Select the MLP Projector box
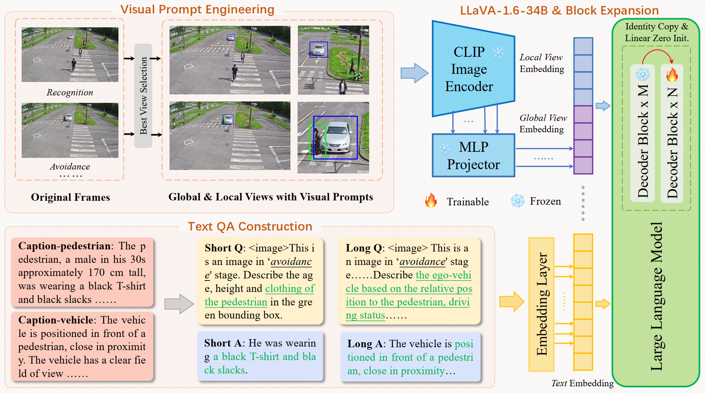[473, 155]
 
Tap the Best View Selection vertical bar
[143, 96]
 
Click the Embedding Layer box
[541, 304]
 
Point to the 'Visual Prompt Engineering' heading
[197, 10]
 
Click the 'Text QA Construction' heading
[250, 226]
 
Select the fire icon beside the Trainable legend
[431, 201]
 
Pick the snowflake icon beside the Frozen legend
[517, 201]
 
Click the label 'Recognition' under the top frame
[70, 93]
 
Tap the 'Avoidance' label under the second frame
[70, 167]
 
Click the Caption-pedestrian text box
[82, 272]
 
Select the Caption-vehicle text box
[82, 347]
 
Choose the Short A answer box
[260, 356]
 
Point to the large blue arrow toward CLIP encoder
[414, 73]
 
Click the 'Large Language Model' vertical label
[656, 297]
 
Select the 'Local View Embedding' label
[542, 63]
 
